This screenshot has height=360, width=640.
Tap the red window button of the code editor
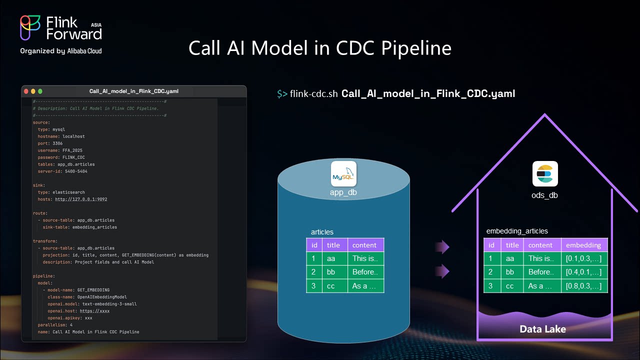click(26, 91)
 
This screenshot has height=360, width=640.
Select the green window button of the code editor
click(40, 91)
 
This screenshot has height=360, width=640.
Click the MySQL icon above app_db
click(344, 174)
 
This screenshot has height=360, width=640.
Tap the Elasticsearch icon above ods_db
click(545, 174)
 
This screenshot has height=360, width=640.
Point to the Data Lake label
click(542, 329)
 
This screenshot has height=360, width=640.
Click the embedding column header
click(583, 245)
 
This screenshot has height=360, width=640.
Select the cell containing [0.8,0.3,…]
click(583, 286)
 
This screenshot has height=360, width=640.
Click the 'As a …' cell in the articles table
click(365, 286)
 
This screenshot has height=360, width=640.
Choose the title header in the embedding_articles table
click(512, 245)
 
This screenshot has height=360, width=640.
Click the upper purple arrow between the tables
click(442, 246)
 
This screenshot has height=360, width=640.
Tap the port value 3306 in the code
click(57, 143)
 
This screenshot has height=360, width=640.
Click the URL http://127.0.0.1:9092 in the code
click(81, 199)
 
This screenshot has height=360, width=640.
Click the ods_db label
click(544, 195)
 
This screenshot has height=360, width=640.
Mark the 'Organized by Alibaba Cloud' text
click(61, 51)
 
